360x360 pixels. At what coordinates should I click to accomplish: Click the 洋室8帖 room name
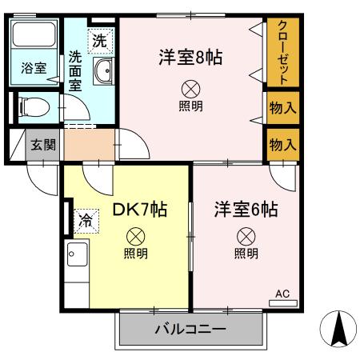pyautogui.click(x=190, y=57)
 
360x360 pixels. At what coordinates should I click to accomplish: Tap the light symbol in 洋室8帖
pyautogui.click(x=190, y=88)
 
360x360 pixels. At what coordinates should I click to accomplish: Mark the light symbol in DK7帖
pyautogui.click(x=135, y=237)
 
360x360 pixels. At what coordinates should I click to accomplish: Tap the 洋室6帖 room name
pyautogui.click(x=246, y=210)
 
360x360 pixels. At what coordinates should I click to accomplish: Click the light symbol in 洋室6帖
pyautogui.click(x=246, y=237)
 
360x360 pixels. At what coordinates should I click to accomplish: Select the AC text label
pyautogui.click(x=282, y=294)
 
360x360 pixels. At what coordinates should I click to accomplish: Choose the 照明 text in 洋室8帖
pyautogui.click(x=190, y=106)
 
